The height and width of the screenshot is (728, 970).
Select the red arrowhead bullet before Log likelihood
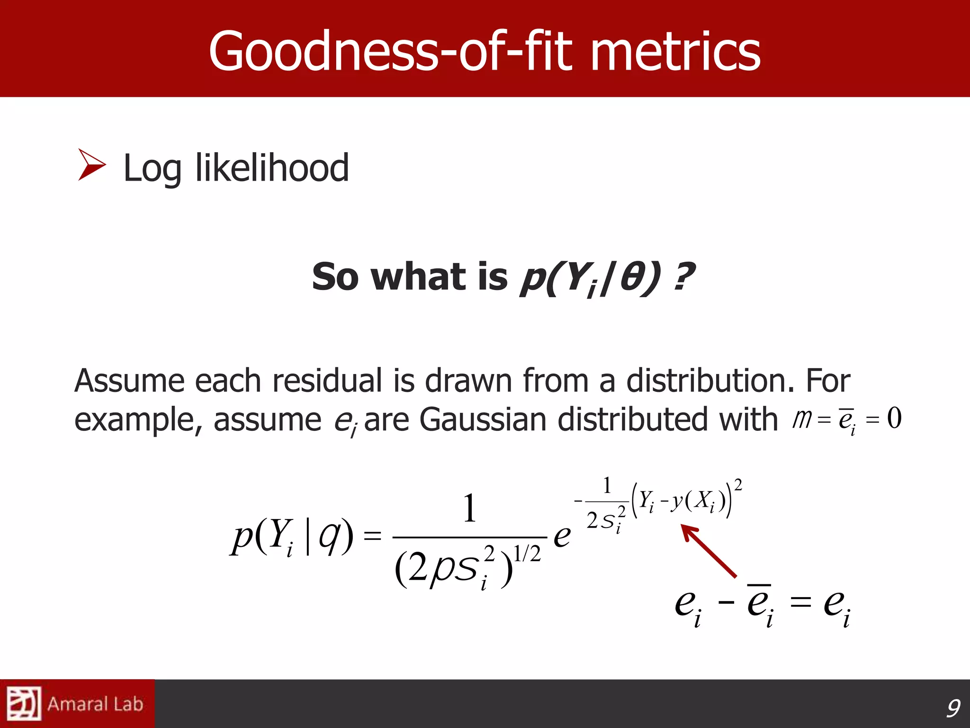91,164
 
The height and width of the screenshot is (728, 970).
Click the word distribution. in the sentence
710,381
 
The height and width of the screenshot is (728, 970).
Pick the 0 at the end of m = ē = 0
894,418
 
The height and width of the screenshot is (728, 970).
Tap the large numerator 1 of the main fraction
469,508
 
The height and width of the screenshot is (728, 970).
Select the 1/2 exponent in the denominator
527,554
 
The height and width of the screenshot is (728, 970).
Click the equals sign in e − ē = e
800,603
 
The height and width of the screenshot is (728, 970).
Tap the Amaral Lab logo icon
23,704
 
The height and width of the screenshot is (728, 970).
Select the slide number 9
952,708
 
